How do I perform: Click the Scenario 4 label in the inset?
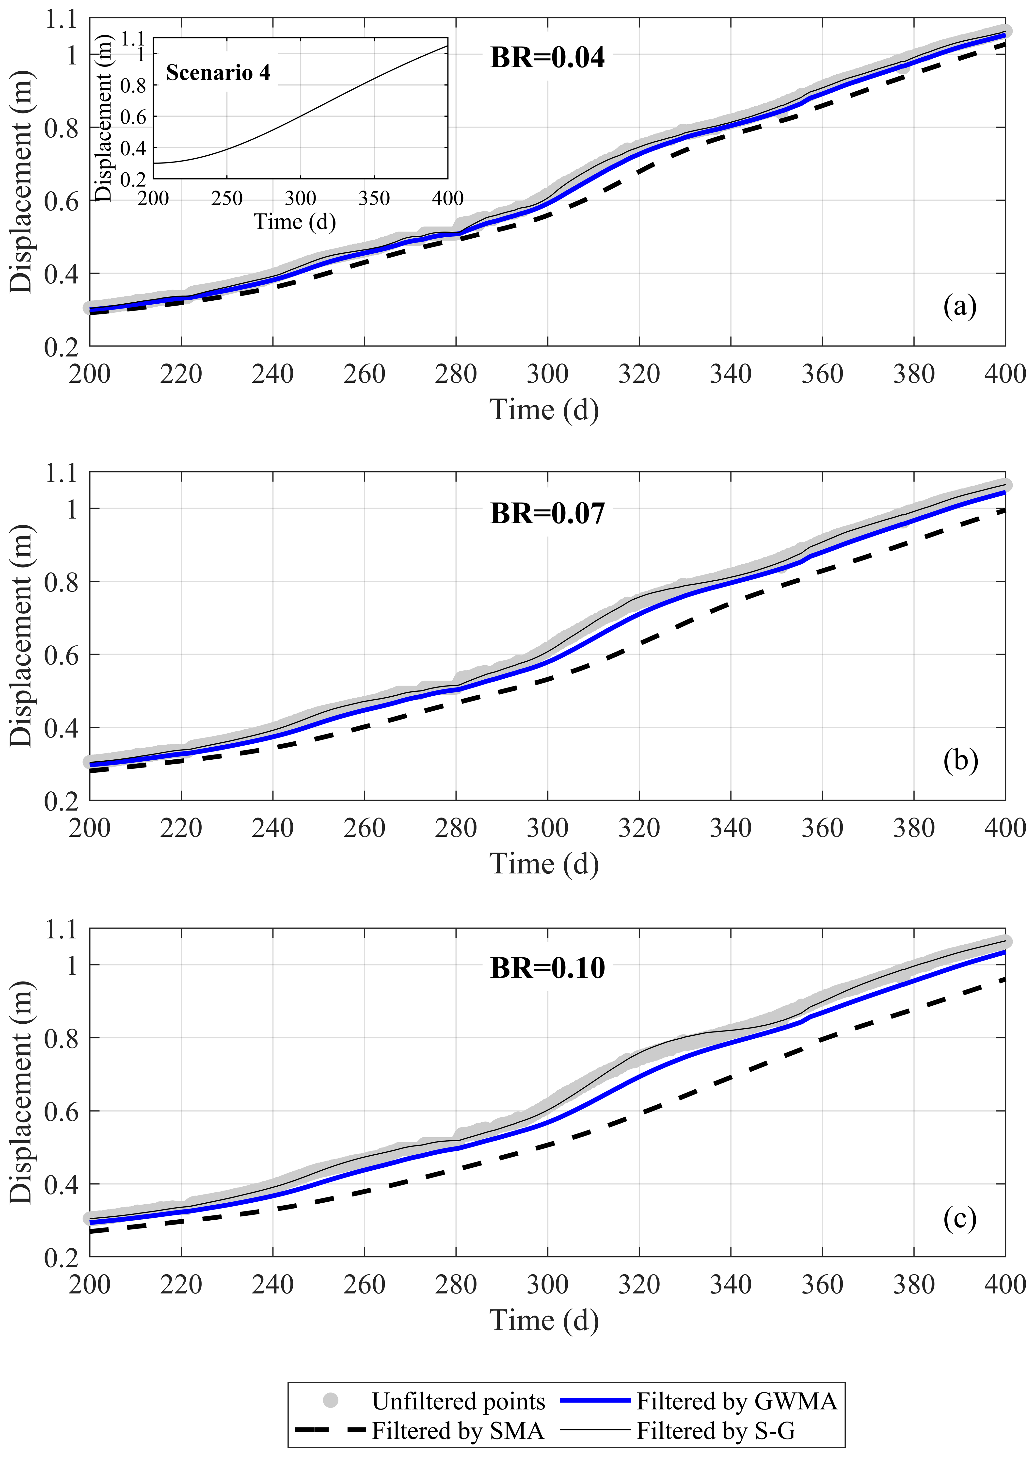pyautogui.click(x=218, y=73)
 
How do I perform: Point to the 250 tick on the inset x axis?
pyautogui.click(x=227, y=198)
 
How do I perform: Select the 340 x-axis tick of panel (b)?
pyautogui.click(x=730, y=828)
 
